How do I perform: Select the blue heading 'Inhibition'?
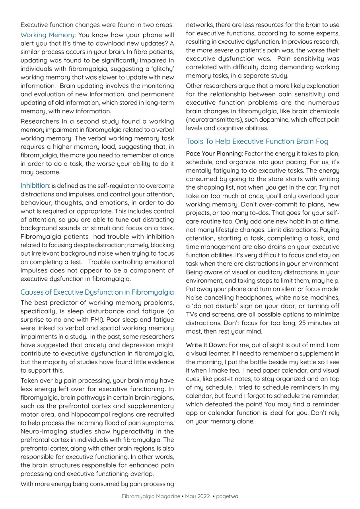click(x=35, y=186)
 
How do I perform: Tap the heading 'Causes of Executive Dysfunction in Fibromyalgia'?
click(x=97, y=292)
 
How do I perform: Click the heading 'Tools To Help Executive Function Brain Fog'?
click(x=257, y=142)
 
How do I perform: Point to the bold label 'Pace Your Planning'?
click(x=214, y=153)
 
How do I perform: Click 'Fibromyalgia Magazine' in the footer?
click(x=151, y=496)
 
